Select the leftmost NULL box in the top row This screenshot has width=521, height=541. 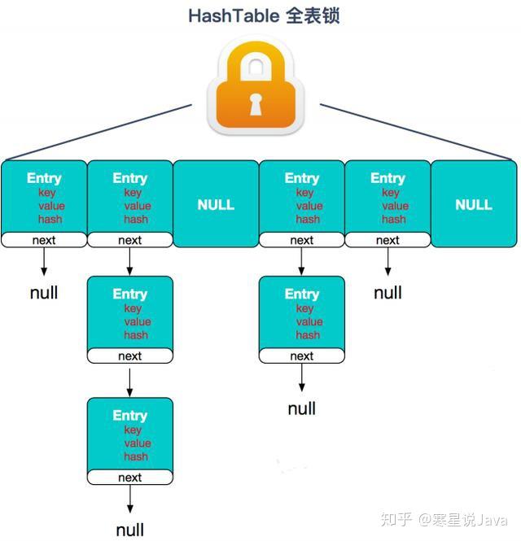click(216, 204)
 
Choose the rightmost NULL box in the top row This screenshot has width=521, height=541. click(474, 204)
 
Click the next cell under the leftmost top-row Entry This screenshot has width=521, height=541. click(44, 240)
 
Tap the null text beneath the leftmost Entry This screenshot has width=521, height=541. click(44, 293)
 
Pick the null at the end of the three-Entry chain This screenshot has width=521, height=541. click(130, 530)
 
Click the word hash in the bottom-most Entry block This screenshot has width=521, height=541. click(137, 456)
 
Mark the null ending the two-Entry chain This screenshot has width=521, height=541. click(302, 408)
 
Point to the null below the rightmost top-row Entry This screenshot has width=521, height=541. click(388, 293)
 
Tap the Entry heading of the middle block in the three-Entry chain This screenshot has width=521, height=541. click(130, 294)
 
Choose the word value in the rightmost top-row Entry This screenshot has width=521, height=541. click(395, 206)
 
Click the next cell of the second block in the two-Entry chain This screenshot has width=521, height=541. click(302, 356)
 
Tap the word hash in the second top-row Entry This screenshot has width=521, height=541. click(136, 219)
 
